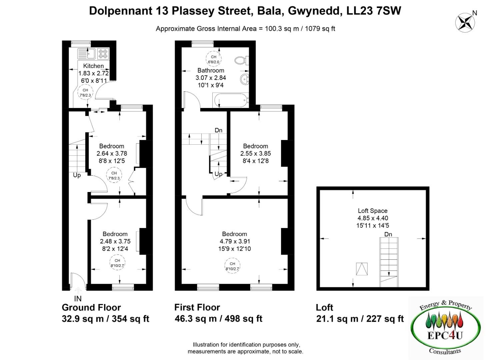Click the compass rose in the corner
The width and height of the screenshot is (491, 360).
coord(465,23)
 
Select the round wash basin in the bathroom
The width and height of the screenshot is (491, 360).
coord(245,79)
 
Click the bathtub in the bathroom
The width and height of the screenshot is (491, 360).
coord(231,100)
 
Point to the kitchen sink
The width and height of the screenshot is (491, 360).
coord(86,54)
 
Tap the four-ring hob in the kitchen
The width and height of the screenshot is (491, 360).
coord(103,54)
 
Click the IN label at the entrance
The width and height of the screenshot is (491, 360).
coord(78,298)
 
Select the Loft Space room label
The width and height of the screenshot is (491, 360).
coord(373,211)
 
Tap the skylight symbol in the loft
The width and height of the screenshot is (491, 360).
coord(362,269)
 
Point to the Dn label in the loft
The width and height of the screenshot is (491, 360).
coord(388,234)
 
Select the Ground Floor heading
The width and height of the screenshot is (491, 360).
coord(91,307)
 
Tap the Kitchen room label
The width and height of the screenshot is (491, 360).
coord(93,66)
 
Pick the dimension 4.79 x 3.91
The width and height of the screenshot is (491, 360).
coord(235,241)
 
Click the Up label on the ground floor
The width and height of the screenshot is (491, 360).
coord(77,175)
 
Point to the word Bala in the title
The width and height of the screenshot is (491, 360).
coord(269,11)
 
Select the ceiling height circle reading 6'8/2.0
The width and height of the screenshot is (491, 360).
coord(213,59)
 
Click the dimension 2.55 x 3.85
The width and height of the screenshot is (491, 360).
coord(256,153)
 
